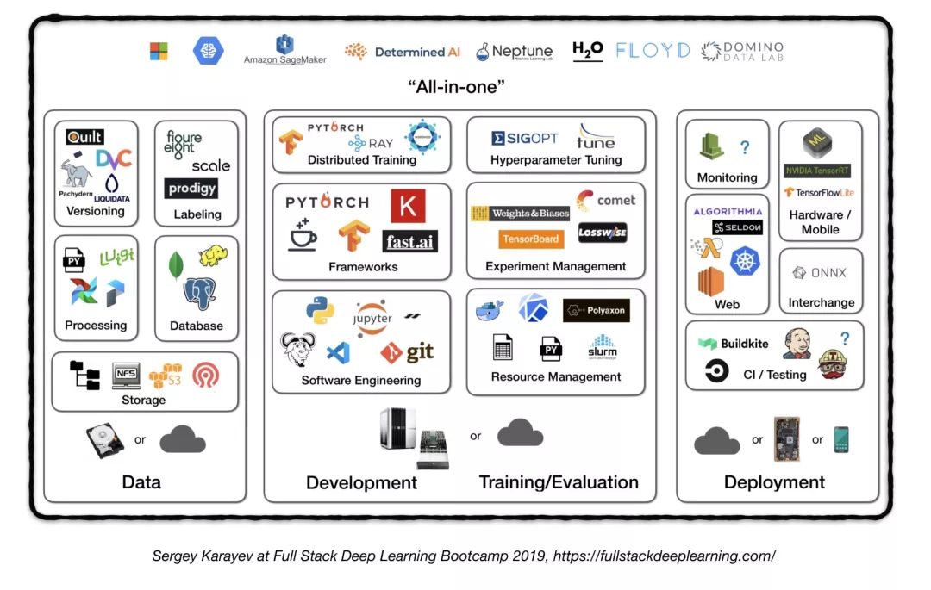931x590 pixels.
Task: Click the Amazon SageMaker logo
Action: click(284, 50)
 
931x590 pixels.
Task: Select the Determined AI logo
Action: click(403, 52)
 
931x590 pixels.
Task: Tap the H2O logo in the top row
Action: click(587, 51)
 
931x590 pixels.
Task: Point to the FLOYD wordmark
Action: click(653, 51)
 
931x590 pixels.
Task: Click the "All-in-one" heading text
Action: click(456, 87)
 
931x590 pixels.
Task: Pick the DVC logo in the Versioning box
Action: click(113, 159)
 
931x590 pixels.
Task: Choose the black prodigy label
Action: click(191, 188)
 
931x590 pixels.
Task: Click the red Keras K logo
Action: click(408, 206)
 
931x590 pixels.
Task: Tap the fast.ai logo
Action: click(409, 242)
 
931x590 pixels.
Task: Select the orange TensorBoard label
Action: click(530, 239)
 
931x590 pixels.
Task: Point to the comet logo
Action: click(606, 201)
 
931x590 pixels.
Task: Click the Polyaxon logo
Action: click(596, 310)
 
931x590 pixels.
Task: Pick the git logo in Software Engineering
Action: click(408, 351)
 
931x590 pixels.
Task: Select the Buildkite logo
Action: click(734, 344)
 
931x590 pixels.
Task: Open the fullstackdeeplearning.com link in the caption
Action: click(664, 556)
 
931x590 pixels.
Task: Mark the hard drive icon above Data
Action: click(104, 441)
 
